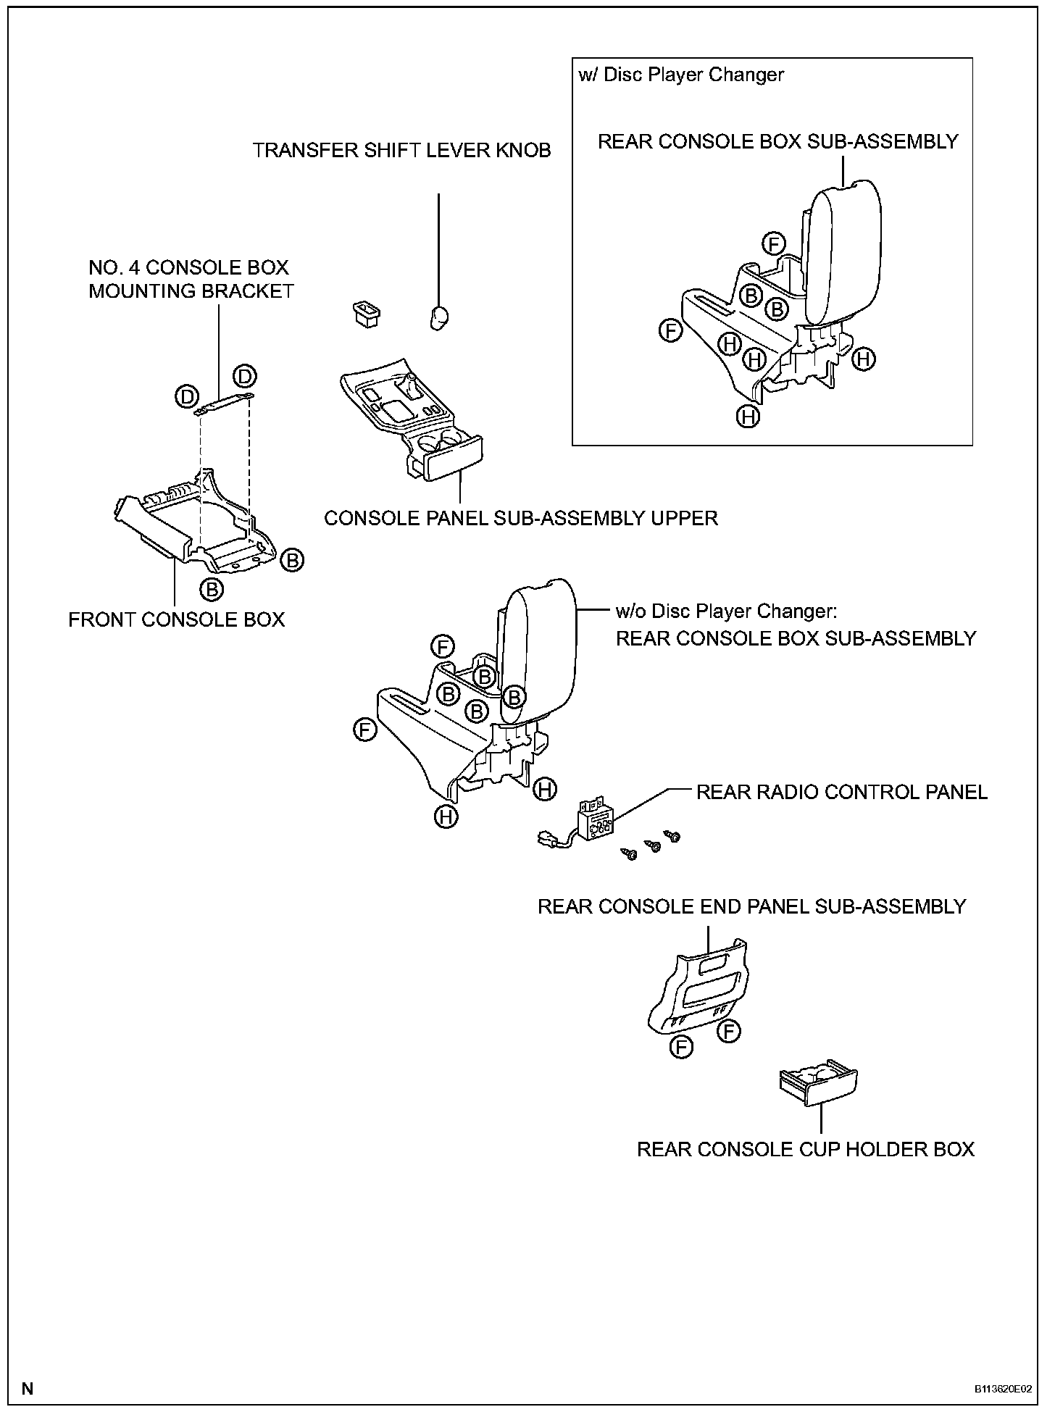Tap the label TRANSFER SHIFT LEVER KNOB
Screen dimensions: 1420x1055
pyautogui.click(x=401, y=151)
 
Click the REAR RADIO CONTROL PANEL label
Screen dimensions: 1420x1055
pyautogui.click(x=841, y=792)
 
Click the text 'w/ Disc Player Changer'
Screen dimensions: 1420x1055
pyautogui.click(x=681, y=75)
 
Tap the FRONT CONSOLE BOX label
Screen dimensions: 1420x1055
pyautogui.click(x=177, y=619)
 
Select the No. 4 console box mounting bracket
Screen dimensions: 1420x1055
pyautogui.click(x=224, y=403)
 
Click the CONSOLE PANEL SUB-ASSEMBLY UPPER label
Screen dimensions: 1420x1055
pyautogui.click(x=520, y=518)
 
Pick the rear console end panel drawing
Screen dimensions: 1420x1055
pyautogui.click(x=699, y=987)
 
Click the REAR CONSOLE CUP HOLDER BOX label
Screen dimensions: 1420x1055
pyautogui.click(x=805, y=1149)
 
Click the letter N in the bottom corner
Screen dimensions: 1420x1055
pyautogui.click(x=28, y=1389)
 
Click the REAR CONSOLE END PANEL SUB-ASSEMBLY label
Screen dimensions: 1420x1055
pyautogui.click(x=751, y=906)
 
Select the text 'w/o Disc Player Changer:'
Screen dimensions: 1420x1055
pyautogui.click(x=726, y=611)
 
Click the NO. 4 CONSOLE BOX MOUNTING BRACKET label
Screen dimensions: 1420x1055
pyautogui.click(x=191, y=279)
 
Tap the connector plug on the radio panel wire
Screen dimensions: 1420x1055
pyautogui.click(x=543, y=840)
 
